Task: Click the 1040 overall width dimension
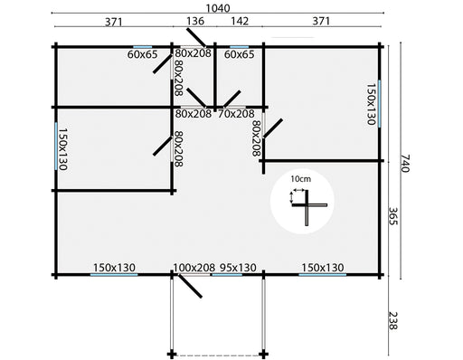(218, 8)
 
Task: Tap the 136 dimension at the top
(195, 21)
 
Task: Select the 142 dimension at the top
(240, 21)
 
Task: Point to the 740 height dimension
(405, 163)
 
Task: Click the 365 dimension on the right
(393, 216)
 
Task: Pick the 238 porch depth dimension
(393, 320)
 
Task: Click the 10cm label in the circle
(300, 179)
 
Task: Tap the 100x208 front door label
(194, 268)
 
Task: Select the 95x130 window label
(238, 268)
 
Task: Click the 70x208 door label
(236, 114)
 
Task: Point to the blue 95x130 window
(226, 275)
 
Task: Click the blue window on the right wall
(379, 103)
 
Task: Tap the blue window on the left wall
(56, 147)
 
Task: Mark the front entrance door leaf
(190, 286)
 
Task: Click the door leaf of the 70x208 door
(231, 99)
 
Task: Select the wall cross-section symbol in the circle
(307, 206)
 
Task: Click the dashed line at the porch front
(218, 355)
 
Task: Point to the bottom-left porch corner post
(172, 354)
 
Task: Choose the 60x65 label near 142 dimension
(240, 54)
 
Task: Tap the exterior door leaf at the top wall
(196, 38)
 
